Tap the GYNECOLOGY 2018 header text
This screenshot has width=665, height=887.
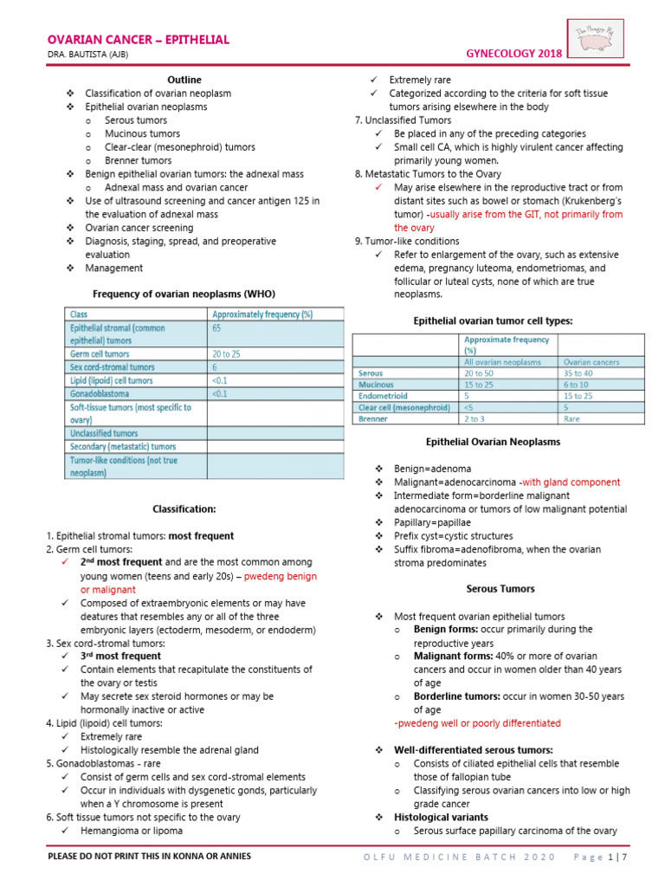coord(514,54)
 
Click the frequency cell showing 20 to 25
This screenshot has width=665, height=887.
coord(227,353)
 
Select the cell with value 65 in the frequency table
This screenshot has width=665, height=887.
coord(217,328)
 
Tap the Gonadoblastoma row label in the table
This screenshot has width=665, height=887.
coord(103,393)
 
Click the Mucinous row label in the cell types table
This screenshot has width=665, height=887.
coord(376,384)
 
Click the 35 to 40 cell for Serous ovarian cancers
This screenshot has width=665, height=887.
coord(578,372)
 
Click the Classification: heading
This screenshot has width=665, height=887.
coord(184,509)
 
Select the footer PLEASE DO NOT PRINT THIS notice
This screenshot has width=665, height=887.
coord(150,857)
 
